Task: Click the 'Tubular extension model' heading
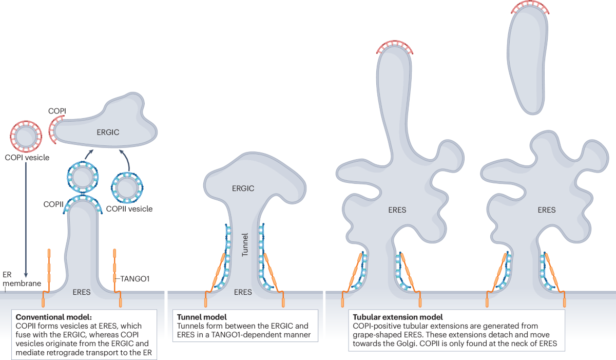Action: (x=395, y=317)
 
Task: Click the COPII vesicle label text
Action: (x=129, y=209)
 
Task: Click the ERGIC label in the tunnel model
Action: (x=243, y=188)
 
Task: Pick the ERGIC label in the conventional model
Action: (x=108, y=132)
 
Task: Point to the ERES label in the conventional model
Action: (x=82, y=292)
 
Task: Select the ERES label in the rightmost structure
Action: (x=546, y=210)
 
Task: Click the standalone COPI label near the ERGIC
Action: (x=57, y=110)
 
